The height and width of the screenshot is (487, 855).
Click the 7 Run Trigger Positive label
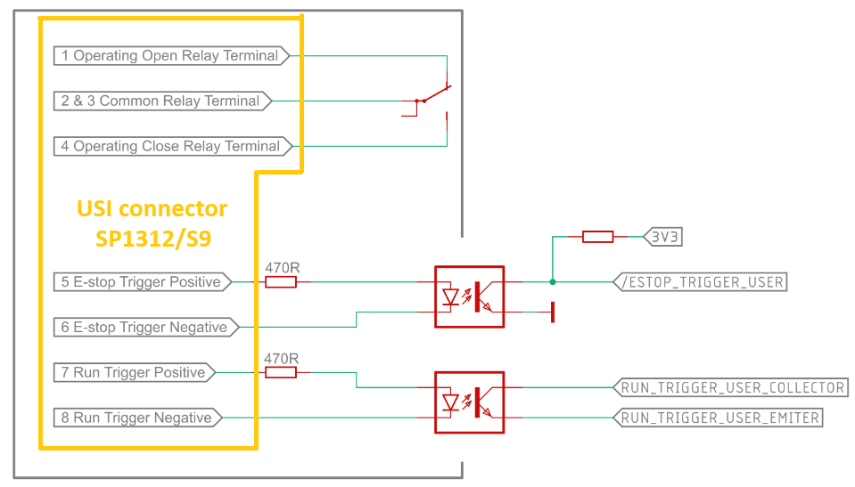[135, 373]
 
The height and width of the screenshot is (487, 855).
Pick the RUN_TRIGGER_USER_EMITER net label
[718, 418]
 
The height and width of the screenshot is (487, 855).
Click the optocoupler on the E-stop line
[469, 296]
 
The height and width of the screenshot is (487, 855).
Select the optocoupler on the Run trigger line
[469, 402]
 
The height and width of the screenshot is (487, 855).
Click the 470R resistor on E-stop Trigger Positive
[281, 282]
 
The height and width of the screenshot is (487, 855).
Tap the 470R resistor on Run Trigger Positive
[281, 372]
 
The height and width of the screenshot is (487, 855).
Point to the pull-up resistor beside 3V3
[597, 237]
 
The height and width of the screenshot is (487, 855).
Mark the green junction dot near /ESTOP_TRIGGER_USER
[553, 282]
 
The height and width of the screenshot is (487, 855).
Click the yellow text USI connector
[152, 209]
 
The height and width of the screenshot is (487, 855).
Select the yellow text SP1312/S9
[152, 239]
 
